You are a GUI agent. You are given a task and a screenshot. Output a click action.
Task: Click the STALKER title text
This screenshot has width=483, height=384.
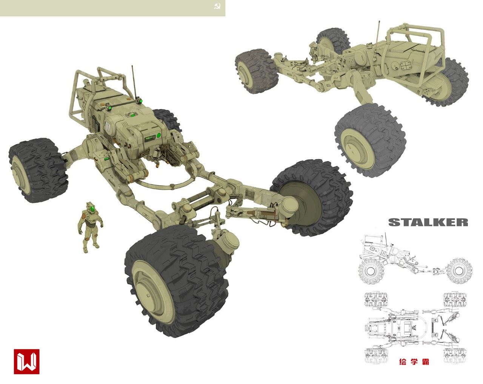[x=428, y=222]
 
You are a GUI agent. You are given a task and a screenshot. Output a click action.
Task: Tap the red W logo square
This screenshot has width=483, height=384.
[x=27, y=361]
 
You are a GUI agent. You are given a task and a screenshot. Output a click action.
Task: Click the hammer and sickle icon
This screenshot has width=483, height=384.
[x=217, y=6]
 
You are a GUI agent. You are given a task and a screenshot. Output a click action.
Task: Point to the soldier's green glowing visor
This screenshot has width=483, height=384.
[x=92, y=209]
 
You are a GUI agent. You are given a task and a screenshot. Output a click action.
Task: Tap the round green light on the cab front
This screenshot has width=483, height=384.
[x=159, y=135]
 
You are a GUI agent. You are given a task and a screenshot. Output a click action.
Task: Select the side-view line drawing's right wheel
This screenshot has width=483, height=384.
[x=460, y=271]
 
